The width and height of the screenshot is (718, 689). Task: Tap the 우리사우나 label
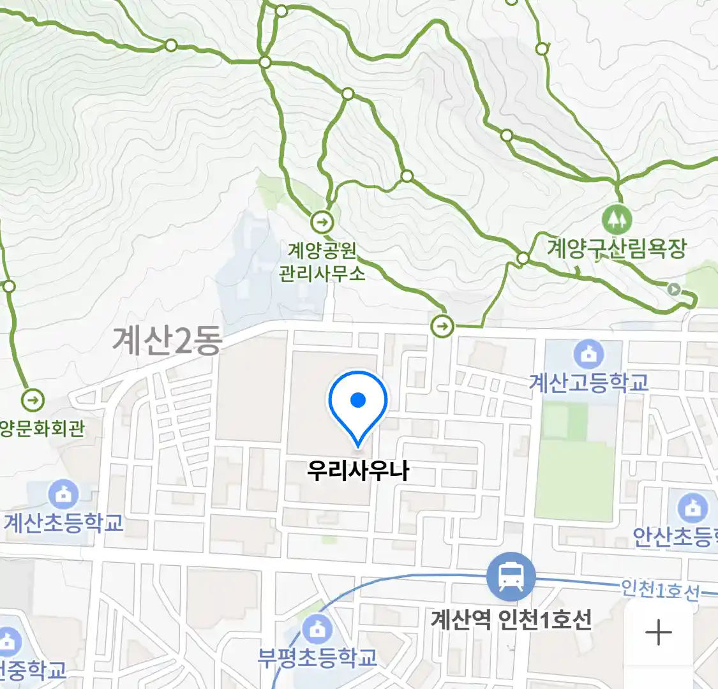coord(358,471)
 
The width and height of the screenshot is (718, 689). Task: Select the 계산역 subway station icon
coord(511,577)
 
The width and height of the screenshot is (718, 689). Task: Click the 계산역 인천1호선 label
coord(511,619)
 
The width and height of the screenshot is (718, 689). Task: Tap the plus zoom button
coord(659,633)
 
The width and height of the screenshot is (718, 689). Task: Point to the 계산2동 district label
coord(167,340)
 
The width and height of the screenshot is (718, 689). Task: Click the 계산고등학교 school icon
coord(588,353)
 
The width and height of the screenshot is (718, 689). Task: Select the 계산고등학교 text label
coord(588,382)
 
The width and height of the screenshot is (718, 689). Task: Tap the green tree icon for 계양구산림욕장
coord(617,220)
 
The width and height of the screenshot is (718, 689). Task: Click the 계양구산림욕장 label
coord(617,248)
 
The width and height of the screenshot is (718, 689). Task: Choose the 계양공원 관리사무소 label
coord(322,262)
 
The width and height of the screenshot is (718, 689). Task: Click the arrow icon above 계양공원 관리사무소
coord(322,223)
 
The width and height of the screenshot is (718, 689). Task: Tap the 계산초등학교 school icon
coord(63,494)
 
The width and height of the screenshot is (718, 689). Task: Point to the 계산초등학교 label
coord(63,523)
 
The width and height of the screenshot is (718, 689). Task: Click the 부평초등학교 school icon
coord(317,630)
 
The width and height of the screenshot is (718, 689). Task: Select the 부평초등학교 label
coord(317,657)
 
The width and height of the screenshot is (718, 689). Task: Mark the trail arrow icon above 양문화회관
coord(33,401)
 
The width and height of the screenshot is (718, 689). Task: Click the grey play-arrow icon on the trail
coord(673,289)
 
